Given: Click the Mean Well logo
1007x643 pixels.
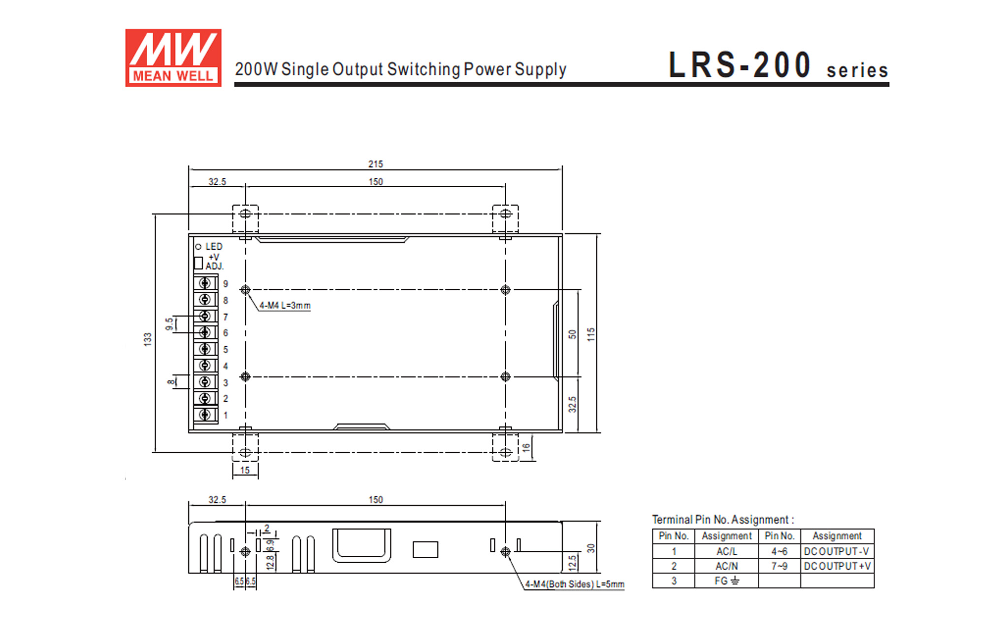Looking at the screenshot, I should tap(173, 58).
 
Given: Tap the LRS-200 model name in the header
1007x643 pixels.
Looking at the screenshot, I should tap(739, 65).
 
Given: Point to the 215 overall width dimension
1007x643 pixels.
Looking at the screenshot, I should tap(375, 164).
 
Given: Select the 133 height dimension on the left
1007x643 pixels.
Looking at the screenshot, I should tap(148, 339).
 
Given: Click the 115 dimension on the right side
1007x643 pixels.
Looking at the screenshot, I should tap(591, 335).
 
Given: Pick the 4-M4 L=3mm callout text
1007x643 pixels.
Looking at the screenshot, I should tap(285, 305).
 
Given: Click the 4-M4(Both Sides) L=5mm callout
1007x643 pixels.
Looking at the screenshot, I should tap(574, 584).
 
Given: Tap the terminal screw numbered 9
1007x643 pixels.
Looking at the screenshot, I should tap(205, 283).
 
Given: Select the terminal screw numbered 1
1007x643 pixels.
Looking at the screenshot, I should tap(205, 415).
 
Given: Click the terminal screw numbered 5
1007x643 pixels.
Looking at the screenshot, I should tap(205, 349).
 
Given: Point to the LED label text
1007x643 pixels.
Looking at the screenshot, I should tap(214, 246).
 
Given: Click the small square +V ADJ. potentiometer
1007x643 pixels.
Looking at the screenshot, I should tap(198, 263).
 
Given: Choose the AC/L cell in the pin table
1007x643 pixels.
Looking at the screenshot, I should tap(726, 551).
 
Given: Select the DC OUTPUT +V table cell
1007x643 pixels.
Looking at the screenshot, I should tap(837, 566).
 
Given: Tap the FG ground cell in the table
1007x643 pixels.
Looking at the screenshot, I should tap(726, 581).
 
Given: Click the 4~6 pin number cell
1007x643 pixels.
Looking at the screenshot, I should tap(779, 551).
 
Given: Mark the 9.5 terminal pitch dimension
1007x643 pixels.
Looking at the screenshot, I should tap(169, 324).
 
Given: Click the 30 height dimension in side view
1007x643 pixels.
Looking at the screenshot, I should tap(591, 548).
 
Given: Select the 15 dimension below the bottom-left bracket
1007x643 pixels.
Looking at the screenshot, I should tap(245, 470).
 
